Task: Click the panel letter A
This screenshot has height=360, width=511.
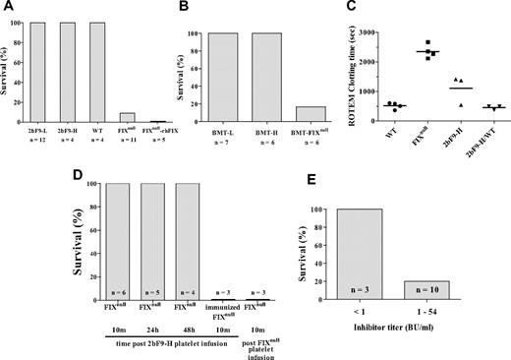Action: pyautogui.click(x=7, y=8)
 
